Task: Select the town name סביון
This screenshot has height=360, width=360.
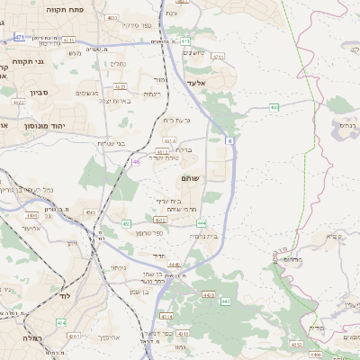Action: click(x=37, y=92)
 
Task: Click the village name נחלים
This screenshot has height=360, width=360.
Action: click(x=118, y=64)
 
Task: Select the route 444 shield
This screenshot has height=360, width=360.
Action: click(x=202, y=221)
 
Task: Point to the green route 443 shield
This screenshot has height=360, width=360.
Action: click(x=224, y=301)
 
